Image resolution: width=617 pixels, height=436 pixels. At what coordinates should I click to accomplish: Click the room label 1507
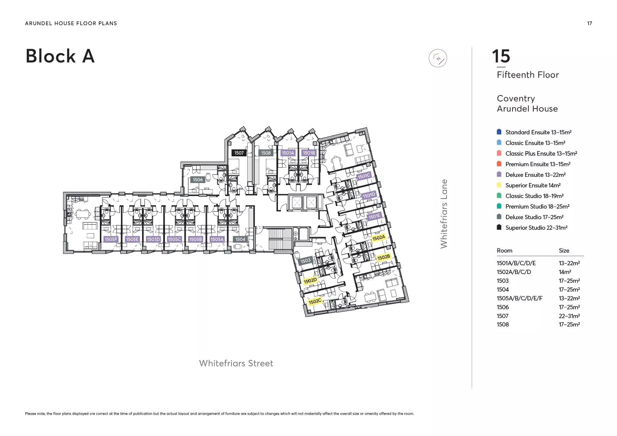point(239,153)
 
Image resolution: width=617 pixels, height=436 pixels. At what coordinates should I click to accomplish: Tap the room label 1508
point(266,153)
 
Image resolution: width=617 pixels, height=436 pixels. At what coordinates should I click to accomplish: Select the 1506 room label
point(198,180)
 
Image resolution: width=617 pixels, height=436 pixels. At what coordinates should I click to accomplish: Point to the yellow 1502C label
point(315,301)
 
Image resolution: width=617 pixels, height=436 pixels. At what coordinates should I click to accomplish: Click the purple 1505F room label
point(111,239)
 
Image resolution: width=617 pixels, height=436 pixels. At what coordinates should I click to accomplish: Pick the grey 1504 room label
point(240,239)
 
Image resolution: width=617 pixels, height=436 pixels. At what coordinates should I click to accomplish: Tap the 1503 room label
point(305,261)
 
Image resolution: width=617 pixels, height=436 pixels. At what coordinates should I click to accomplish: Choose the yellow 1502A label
point(379,238)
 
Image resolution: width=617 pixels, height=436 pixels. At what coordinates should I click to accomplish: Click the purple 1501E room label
point(374,216)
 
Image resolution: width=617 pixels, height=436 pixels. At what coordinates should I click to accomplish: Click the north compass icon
point(438,58)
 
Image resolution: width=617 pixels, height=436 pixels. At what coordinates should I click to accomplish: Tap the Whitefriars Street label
point(236,363)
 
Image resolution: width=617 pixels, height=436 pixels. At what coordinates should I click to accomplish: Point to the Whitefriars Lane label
point(444,214)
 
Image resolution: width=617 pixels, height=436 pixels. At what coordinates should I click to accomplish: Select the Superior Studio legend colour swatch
point(499,227)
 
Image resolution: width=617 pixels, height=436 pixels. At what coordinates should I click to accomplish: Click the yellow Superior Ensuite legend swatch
point(499,185)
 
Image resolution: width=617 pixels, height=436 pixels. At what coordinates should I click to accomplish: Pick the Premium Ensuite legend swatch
point(499,164)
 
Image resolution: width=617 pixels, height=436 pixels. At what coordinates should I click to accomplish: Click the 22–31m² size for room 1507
point(569,316)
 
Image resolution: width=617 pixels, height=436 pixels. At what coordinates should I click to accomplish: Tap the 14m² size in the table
point(565,272)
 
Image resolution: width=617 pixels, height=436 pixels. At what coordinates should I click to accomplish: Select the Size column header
point(564,250)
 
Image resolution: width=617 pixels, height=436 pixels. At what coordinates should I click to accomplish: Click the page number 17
point(590,24)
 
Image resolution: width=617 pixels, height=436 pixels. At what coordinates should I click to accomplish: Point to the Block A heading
point(60,56)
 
